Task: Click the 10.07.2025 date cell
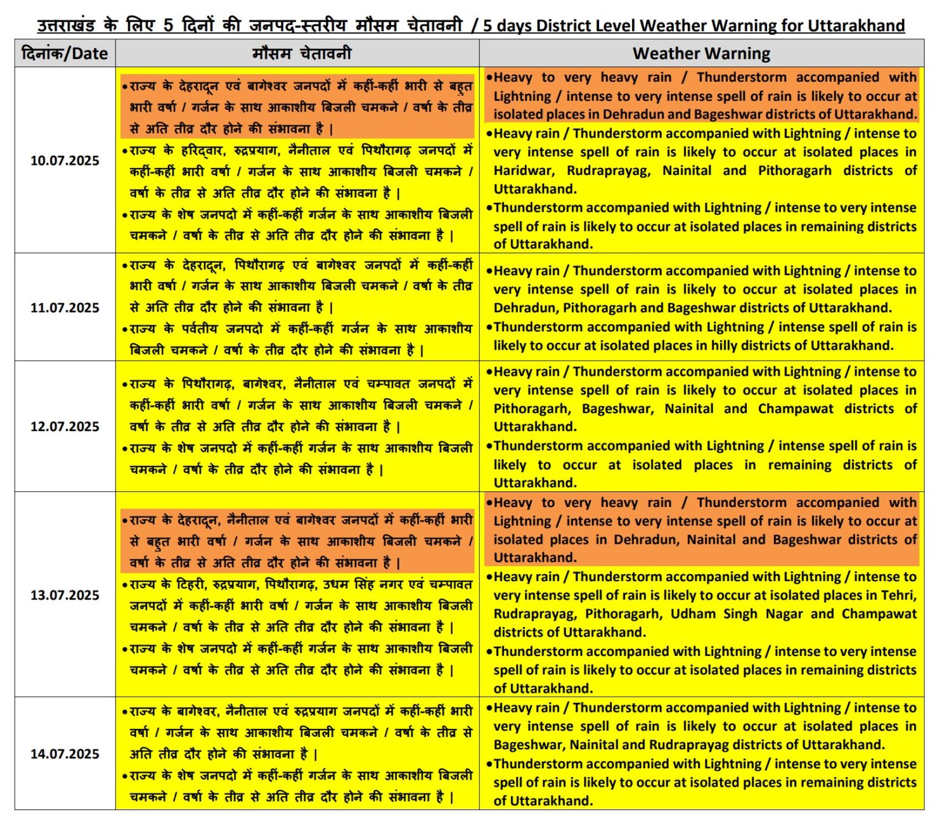point(65,160)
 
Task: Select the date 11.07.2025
point(65,307)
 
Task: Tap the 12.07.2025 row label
point(65,427)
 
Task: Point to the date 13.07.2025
point(65,595)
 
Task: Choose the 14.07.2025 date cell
point(65,754)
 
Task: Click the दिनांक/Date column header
point(65,53)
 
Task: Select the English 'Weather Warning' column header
point(701,53)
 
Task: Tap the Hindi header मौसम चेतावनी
point(301,53)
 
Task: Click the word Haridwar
point(524,171)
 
